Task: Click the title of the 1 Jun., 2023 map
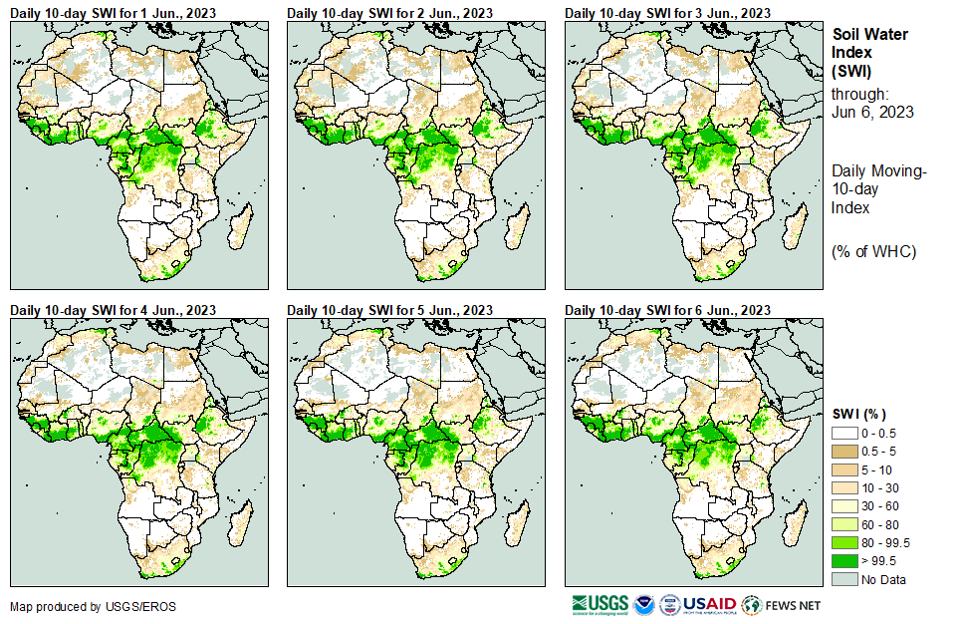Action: click(113, 12)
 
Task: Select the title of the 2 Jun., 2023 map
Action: click(389, 12)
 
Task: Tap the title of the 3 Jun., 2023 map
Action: click(667, 12)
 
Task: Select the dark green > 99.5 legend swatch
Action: click(844, 560)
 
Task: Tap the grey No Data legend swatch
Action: click(844, 578)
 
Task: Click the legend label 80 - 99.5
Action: click(886, 542)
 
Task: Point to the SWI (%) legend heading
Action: click(859, 414)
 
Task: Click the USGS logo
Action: click(600, 604)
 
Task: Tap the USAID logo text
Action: click(710, 604)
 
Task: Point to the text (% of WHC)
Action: click(873, 250)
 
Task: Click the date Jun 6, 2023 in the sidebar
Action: click(872, 112)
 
